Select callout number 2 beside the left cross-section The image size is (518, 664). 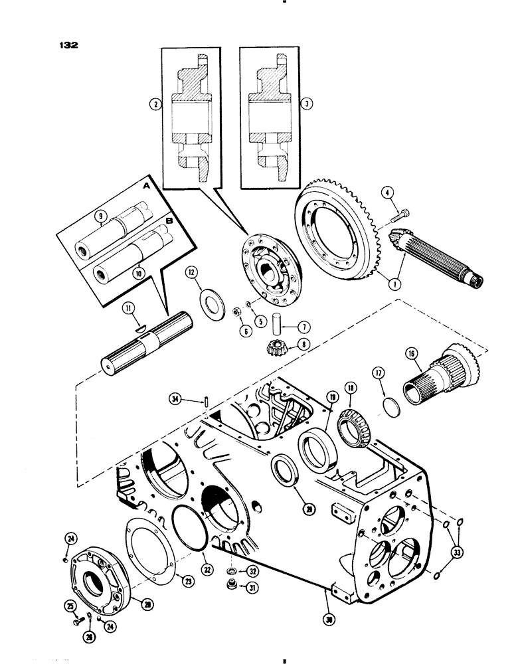tap(155, 104)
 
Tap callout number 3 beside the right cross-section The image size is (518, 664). tap(306, 104)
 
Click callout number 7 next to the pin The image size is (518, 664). tap(303, 327)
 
